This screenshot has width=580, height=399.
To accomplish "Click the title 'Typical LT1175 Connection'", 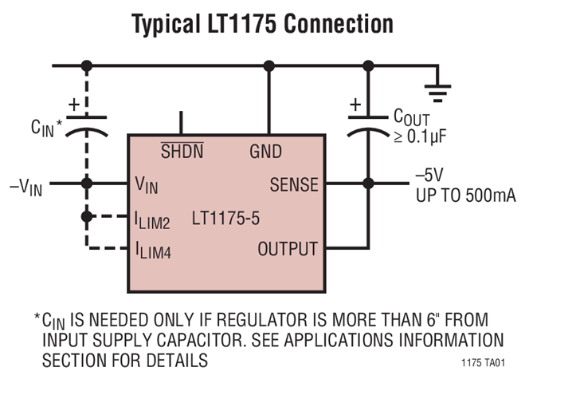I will (262, 23).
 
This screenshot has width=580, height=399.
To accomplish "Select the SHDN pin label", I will (181, 150).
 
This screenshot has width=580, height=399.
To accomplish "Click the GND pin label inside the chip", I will (265, 150).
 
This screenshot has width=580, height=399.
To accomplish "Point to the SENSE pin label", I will (294, 185).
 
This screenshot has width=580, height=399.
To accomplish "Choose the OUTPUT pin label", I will (287, 249).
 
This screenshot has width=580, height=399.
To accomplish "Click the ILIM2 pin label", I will (152, 219).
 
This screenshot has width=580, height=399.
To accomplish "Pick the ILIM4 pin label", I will (152, 251).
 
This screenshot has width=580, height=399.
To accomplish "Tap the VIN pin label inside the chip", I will (147, 186).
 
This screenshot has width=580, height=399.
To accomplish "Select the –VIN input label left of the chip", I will (25, 187).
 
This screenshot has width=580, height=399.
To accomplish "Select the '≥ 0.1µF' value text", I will (421, 135).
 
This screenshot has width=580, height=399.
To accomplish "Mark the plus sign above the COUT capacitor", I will (355, 103).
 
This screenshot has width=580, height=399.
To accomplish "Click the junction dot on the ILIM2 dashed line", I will (87, 215).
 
